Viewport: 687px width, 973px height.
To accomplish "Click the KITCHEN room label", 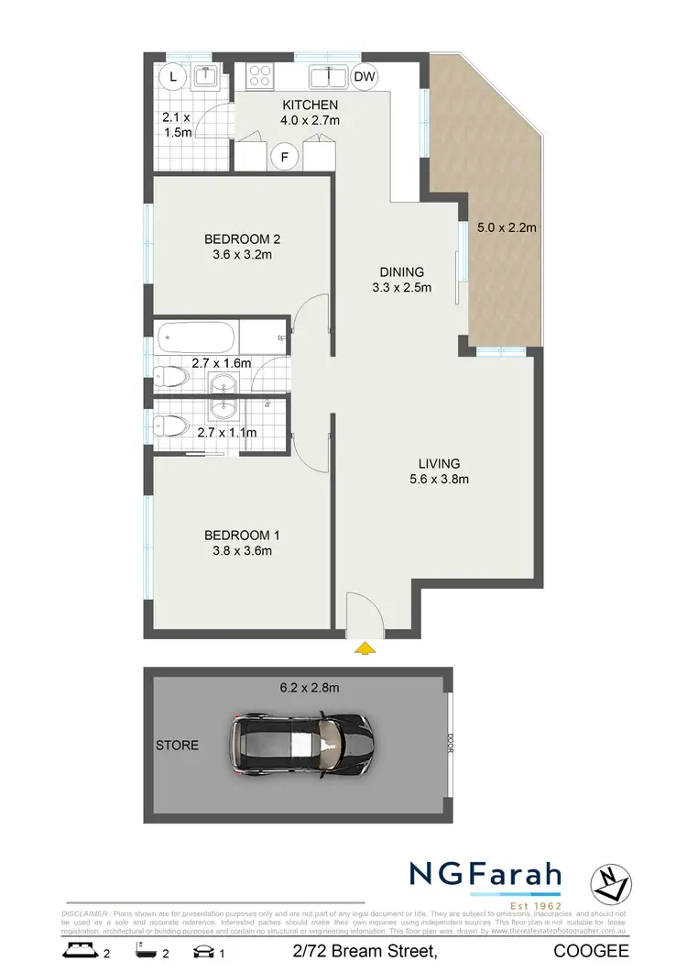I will tap(310, 105).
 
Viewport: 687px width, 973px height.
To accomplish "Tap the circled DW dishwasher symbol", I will tap(365, 77).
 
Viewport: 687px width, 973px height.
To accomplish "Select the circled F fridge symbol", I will tap(286, 157).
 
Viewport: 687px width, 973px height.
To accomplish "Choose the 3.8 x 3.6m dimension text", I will tap(238, 551).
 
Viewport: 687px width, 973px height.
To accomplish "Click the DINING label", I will tap(402, 271).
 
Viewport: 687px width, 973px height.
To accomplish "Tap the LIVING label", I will tap(441, 463).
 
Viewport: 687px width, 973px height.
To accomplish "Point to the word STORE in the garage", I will tap(177, 745).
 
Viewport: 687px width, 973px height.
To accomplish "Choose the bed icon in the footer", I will tap(79, 953).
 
